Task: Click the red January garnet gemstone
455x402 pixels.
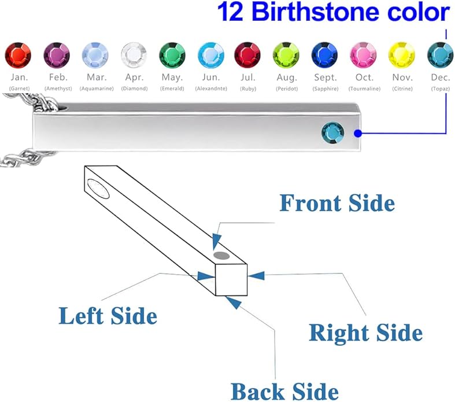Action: (x=18, y=55)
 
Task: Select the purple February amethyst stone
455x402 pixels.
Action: (x=57, y=55)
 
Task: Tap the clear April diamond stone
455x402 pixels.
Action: (x=134, y=55)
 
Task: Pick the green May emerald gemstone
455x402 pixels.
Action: (x=172, y=55)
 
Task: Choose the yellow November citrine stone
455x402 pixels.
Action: (x=402, y=55)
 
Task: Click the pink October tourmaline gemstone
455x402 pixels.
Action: (x=363, y=55)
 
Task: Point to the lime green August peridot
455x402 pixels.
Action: (x=286, y=55)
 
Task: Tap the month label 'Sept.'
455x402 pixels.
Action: (x=325, y=78)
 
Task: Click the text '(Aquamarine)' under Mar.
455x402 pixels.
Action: (x=97, y=88)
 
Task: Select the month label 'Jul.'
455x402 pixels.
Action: (x=248, y=77)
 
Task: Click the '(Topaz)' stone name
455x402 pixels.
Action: (x=440, y=88)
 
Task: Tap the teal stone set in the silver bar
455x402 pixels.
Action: (x=333, y=133)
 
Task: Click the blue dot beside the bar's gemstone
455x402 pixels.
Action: (x=358, y=133)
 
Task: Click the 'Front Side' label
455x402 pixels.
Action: (x=337, y=203)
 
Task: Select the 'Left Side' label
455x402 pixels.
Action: (x=108, y=315)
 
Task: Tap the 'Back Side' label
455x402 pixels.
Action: (x=284, y=392)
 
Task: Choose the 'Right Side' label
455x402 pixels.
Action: (x=365, y=333)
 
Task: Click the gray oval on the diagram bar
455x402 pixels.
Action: (x=221, y=256)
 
